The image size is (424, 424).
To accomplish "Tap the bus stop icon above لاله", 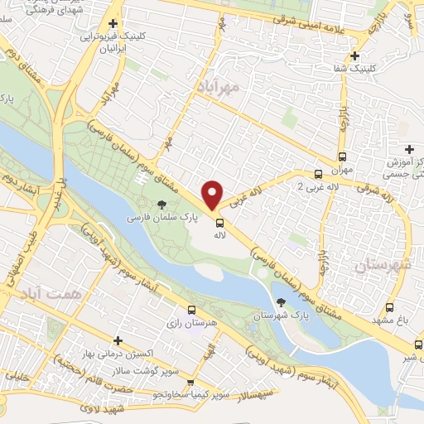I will point(219,222).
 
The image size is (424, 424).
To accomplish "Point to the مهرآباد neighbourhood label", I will point(219,86).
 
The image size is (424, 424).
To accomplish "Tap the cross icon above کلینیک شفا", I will point(354,55).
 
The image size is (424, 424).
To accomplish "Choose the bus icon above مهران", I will point(342,156).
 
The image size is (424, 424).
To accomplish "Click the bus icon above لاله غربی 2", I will point(318,174).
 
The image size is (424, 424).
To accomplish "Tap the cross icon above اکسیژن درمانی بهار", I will point(118,340).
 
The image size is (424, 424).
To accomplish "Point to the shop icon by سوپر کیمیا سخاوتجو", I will point(191,383).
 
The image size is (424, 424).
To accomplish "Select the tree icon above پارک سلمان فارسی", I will point(161,205).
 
